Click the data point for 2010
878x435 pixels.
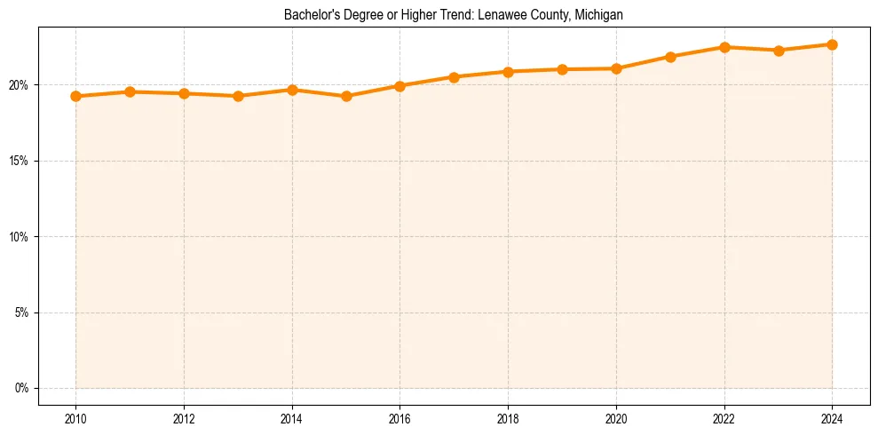[75, 96]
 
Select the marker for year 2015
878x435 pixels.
[346, 96]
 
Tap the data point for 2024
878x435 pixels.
[833, 44]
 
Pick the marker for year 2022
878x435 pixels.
[724, 47]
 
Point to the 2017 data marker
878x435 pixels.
[454, 77]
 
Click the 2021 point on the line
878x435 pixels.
[670, 57]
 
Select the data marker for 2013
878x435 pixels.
[238, 96]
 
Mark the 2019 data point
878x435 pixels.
[562, 69]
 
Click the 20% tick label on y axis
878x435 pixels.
[20, 85]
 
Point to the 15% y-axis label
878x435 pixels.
[20, 161]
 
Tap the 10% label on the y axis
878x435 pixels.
[20, 237]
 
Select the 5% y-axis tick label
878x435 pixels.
[21, 312]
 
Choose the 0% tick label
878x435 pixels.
[21, 388]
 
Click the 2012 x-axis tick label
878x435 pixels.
[184, 418]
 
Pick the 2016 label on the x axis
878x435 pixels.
[399, 418]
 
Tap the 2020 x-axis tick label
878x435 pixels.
[616, 418]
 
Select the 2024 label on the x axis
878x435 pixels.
[833, 418]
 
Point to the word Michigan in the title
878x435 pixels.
[598, 15]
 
